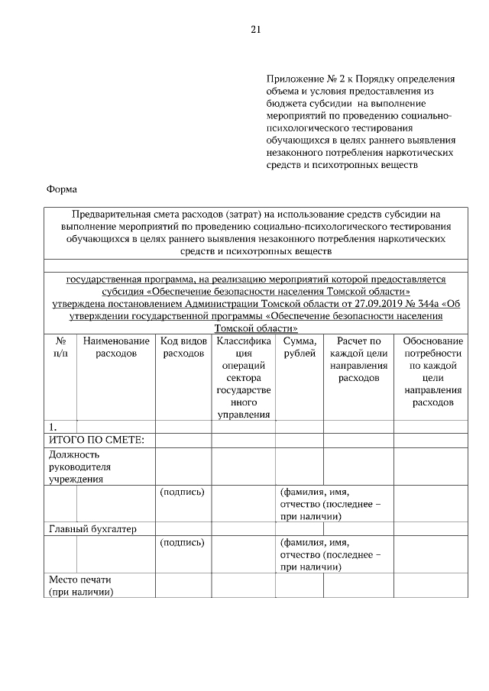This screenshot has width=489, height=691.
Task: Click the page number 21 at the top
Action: (256, 31)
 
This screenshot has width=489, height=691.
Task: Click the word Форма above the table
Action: (62, 189)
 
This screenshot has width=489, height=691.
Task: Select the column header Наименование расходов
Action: (116, 347)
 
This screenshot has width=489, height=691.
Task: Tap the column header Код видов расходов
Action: (184, 347)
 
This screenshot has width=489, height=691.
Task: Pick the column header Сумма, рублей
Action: (299, 347)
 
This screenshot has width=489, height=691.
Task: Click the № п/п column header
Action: (60, 347)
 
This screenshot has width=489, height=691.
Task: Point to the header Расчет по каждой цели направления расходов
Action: (358, 360)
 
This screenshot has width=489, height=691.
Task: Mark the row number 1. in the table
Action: (53, 427)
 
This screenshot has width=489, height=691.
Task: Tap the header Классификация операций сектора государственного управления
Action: (242, 378)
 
